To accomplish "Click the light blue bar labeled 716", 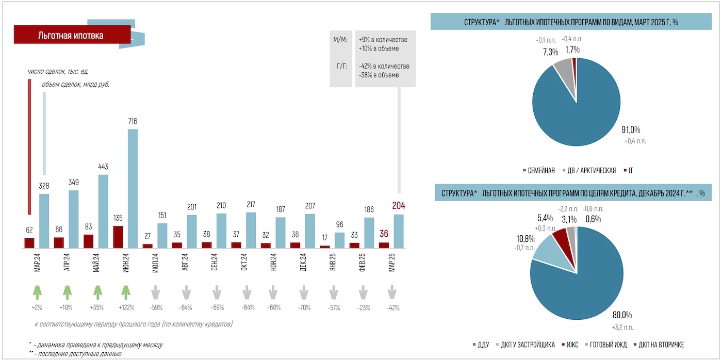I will coord(133,188).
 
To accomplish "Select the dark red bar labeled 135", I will coord(118,237).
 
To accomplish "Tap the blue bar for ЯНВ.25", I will coord(339,240).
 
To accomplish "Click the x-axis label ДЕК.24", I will coord(303,261).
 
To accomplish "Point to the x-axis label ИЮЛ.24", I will coord(156,261).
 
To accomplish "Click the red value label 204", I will coord(399,206).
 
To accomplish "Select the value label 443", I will coord(103,167).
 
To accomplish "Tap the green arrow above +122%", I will coord(125,292).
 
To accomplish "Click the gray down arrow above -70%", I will coord(303,292).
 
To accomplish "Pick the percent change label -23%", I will coord(363,308).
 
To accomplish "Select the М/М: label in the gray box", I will coord(341,40).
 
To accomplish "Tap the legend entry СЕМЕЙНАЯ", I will coord(539,170).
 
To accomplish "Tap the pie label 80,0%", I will coord(621,315).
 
